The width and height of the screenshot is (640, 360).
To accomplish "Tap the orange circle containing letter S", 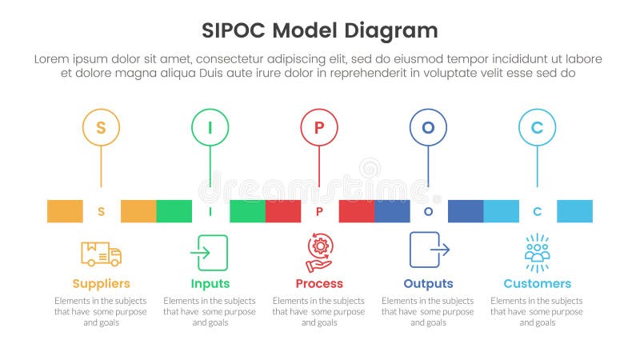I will coord(101,127).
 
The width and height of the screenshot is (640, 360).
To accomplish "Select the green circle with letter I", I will coord(210,127).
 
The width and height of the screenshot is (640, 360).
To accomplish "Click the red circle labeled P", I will coord(319,127).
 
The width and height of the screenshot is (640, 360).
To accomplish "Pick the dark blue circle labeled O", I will coord(428,127).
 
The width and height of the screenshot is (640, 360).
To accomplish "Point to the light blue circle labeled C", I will coord(537,127).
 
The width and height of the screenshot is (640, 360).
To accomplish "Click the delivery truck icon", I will coord(101,253).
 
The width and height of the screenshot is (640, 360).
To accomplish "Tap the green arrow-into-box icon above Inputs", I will coord(210,253).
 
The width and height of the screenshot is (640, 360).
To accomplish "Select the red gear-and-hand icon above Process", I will coord(319,253).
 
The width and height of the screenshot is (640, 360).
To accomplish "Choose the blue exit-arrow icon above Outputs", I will coord(429,250).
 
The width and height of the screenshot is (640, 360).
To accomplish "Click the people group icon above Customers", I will coord(537,253).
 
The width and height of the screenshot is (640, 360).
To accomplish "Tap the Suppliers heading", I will coord(101,284).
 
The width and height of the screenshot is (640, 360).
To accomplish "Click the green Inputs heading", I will coord(210,284).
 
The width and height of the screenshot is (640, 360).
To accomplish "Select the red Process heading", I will coord(319,284).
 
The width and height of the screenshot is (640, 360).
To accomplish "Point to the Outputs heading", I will coord(428,284).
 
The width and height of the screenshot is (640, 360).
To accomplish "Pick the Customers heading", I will coord(537,284).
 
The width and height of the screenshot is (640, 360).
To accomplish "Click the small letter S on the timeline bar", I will coord(101,212).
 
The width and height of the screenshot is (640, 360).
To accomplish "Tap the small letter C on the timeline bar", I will coord(537,212).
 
